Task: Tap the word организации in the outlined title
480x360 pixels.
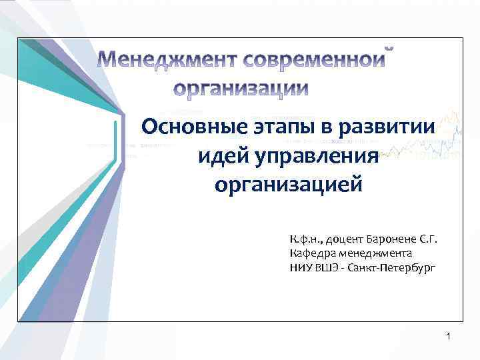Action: pos(242,89)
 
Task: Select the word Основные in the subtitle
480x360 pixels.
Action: pos(190,127)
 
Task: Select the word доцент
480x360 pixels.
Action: pos(341,239)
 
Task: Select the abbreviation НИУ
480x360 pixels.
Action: pos(300,267)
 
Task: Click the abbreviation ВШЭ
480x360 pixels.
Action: pos(325,267)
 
